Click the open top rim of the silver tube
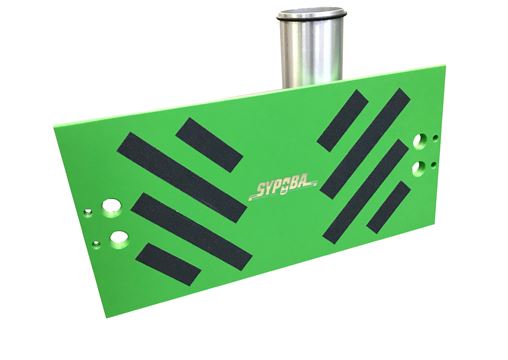[311, 15]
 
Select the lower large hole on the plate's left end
[120, 238]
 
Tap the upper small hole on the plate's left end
[87, 211]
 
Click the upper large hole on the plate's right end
[419, 132]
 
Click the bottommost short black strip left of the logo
[167, 263]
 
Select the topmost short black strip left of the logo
[208, 143]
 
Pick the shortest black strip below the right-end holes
[388, 207]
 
